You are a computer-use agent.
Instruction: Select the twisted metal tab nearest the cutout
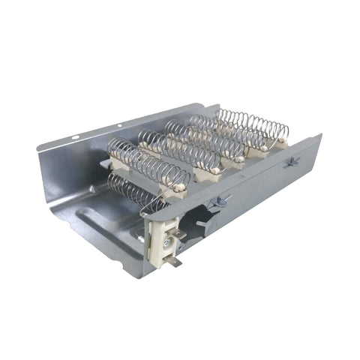pos(221,199)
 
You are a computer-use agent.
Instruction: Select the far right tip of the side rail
pos(319,137)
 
